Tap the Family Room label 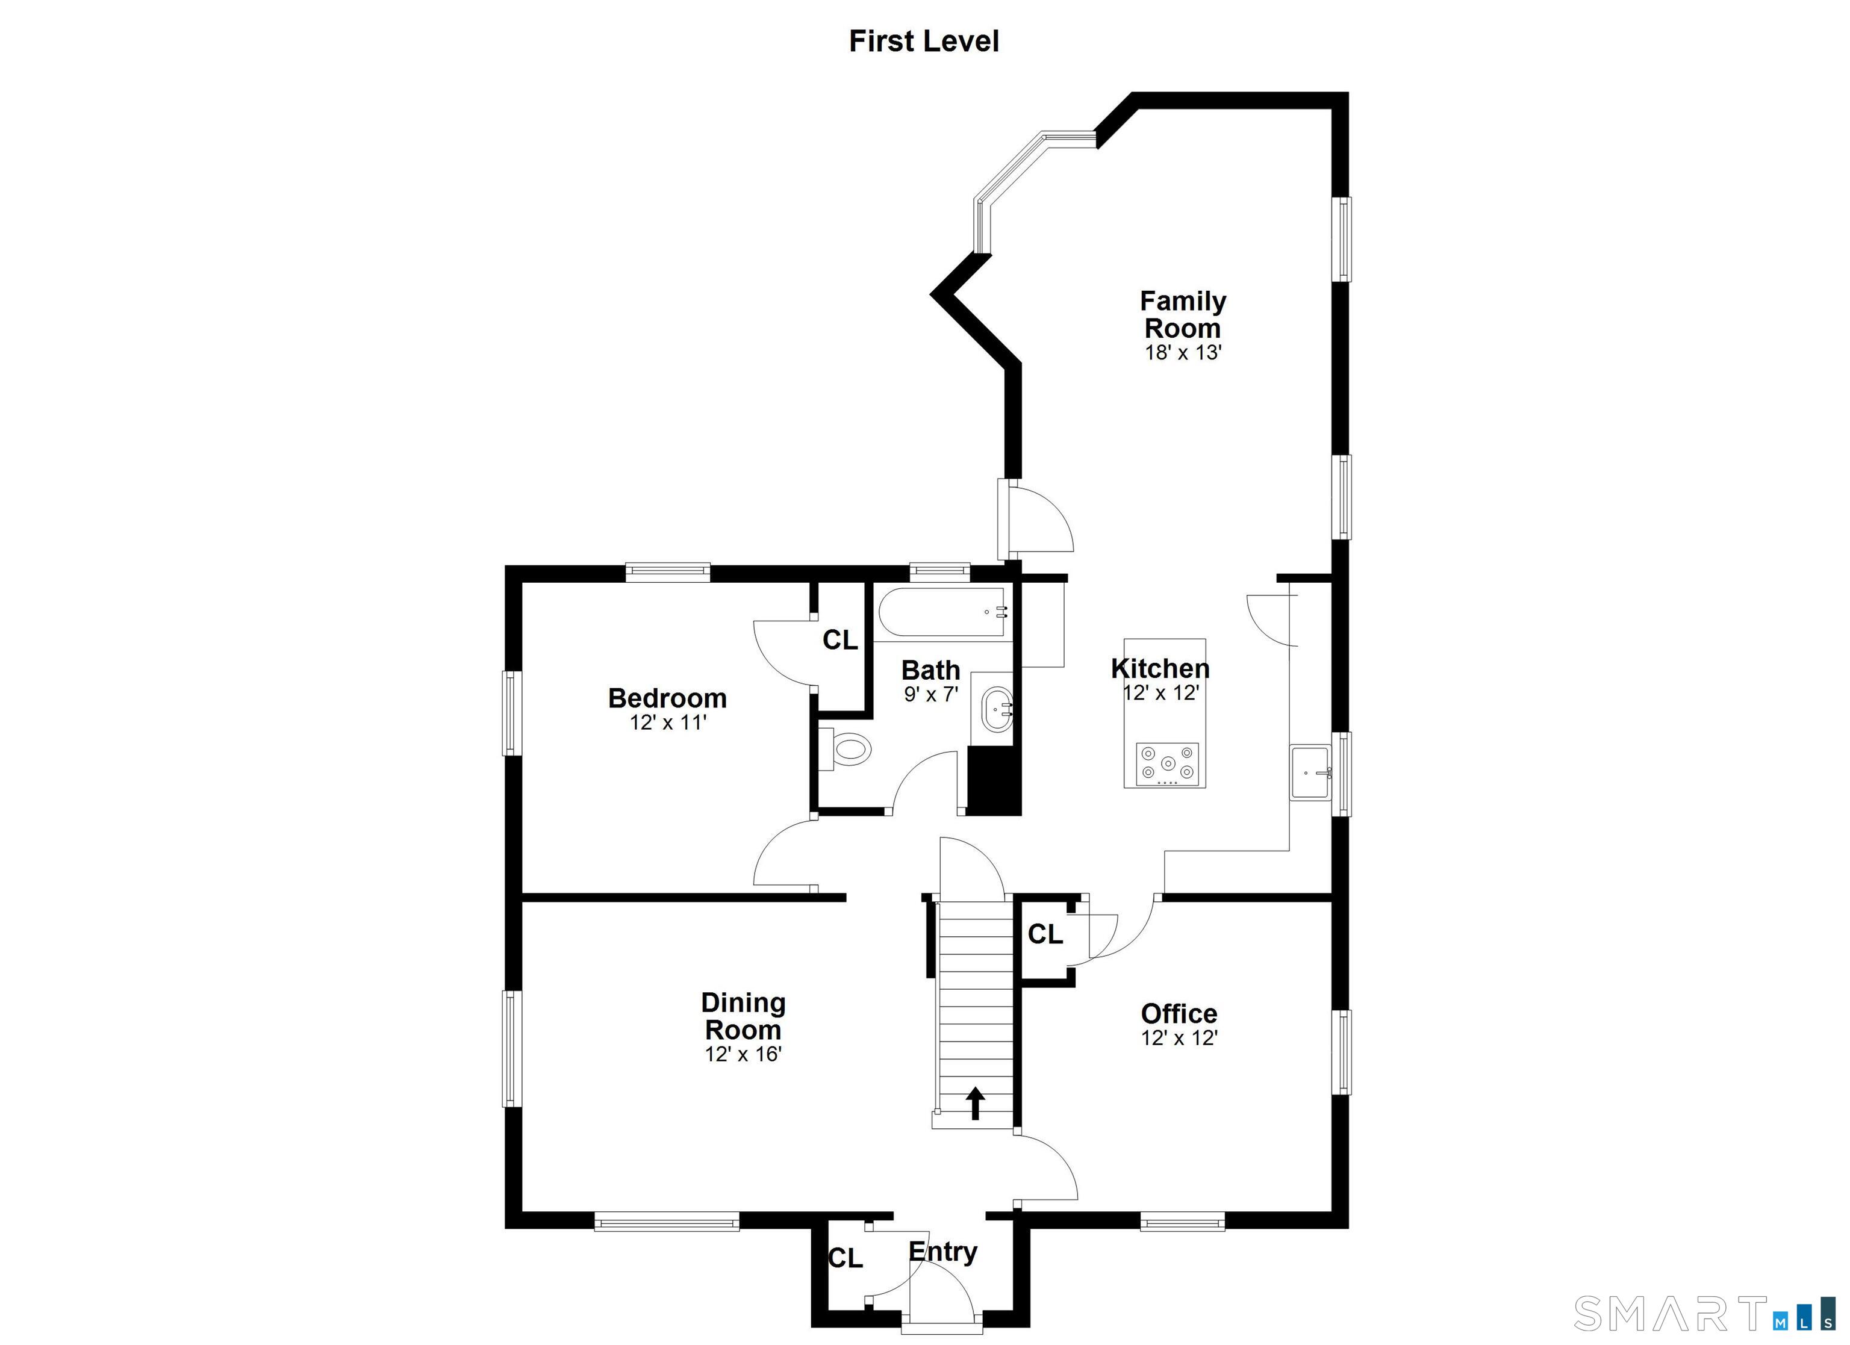point(1183,314)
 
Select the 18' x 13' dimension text point(1183,352)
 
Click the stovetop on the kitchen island point(1167,764)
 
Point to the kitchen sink point(1311,772)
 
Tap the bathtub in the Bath point(942,612)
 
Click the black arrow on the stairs point(975,1103)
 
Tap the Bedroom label point(667,698)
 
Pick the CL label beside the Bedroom point(840,640)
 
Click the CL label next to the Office point(1045,934)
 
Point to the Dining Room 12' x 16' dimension point(743,1054)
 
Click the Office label point(1179,1013)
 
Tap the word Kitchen point(1160,668)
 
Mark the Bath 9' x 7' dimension point(930,695)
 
